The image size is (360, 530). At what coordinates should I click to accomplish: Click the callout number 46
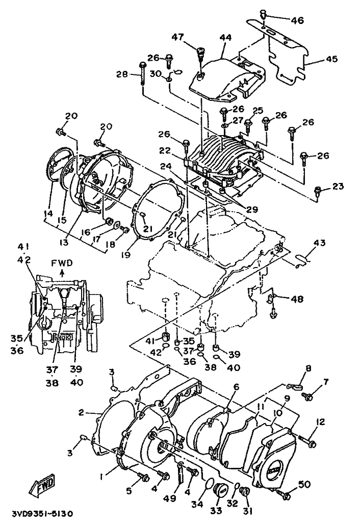click(296, 20)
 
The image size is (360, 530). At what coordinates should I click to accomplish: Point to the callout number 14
click(48, 214)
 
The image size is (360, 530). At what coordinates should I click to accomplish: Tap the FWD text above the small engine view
click(62, 263)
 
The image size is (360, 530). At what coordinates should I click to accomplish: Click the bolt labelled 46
click(264, 15)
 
